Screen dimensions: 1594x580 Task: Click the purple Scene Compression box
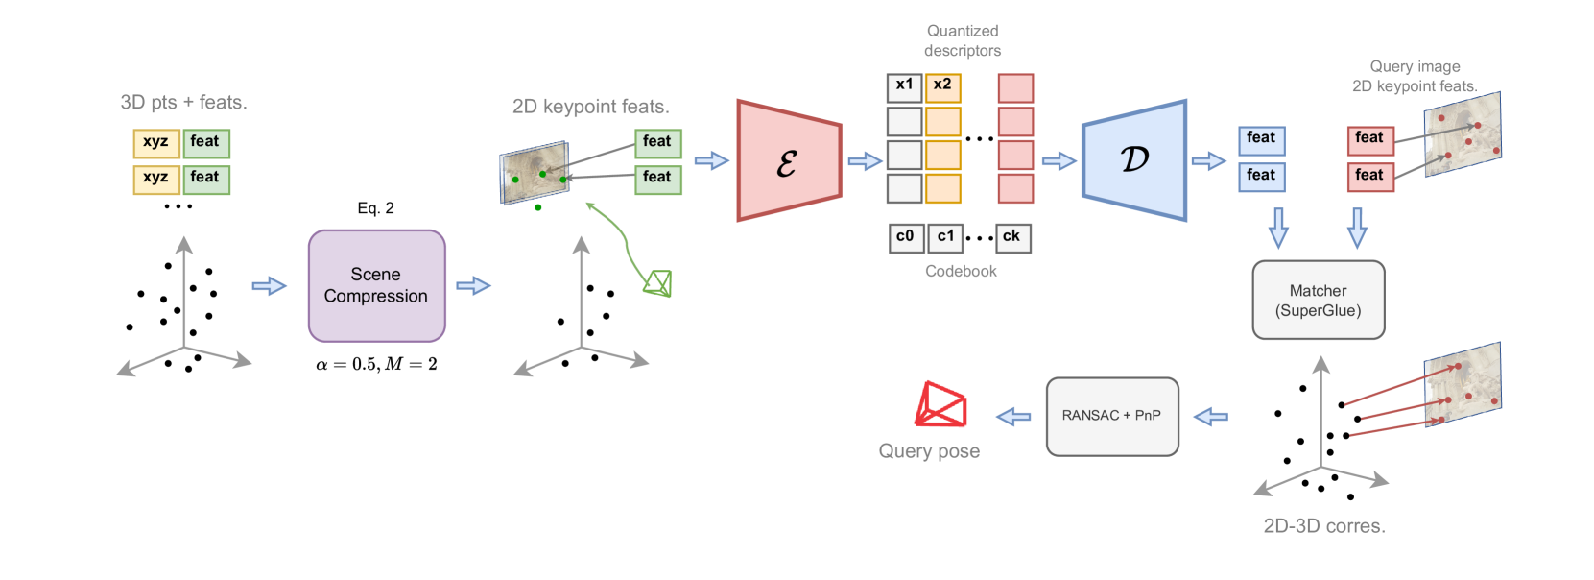pyautogui.click(x=376, y=285)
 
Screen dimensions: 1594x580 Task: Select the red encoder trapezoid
pyautogui.click(x=789, y=160)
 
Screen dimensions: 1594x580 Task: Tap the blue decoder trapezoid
pyautogui.click(x=1134, y=160)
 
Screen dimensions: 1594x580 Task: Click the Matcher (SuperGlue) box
pyautogui.click(x=1319, y=300)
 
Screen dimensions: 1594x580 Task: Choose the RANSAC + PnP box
pyautogui.click(x=1112, y=417)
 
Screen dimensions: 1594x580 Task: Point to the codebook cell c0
pyautogui.click(x=906, y=238)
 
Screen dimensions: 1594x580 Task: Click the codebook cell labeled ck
pyautogui.click(x=1011, y=238)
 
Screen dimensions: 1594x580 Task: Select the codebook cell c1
pyautogui.click(x=945, y=238)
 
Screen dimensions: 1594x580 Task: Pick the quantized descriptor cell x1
pyautogui.click(x=904, y=87)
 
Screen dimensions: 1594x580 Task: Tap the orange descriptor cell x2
pyautogui.click(x=943, y=87)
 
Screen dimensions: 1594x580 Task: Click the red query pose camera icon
pyautogui.click(x=940, y=404)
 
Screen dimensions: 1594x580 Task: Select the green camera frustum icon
pyautogui.click(x=657, y=282)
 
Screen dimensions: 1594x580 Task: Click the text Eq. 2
pyautogui.click(x=376, y=207)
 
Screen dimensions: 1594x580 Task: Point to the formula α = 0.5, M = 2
pyautogui.click(x=376, y=364)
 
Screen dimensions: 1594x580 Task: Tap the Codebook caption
pyautogui.click(x=961, y=271)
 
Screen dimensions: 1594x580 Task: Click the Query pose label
pyautogui.click(x=929, y=451)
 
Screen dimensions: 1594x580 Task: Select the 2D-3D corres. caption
pyautogui.click(x=1324, y=526)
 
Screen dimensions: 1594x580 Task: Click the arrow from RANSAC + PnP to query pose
pyautogui.click(x=1013, y=417)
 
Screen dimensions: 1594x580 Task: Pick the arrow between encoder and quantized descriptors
pyautogui.click(x=866, y=161)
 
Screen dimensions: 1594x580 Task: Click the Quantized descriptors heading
pyautogui.click(x=963, y=40)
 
